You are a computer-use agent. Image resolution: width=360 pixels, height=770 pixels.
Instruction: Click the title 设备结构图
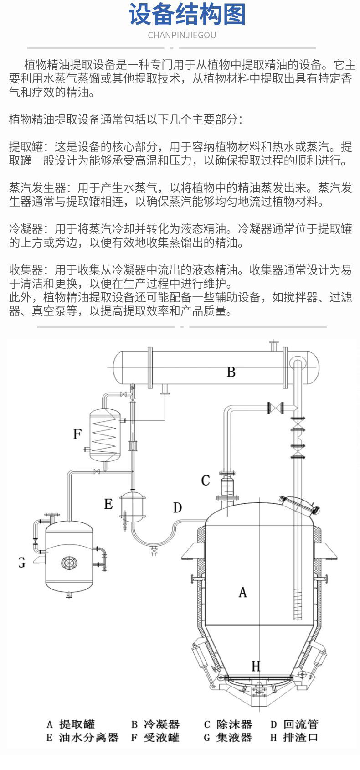coord(187,15)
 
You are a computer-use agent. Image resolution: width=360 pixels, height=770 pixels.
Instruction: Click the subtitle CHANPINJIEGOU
coord(182,35)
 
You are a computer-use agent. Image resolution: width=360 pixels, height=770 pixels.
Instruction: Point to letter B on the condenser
coord(231,372)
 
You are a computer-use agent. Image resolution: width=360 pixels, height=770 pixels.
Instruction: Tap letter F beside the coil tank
coord(77,434)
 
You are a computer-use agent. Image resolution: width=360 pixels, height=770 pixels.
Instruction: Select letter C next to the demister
coord(206,481)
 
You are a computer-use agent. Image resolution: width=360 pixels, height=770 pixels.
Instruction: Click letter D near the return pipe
coord(178,507)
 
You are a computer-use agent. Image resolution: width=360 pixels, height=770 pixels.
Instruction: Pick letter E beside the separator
coord(108,504)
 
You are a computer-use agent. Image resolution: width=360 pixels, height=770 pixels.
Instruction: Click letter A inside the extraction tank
coord(242,592)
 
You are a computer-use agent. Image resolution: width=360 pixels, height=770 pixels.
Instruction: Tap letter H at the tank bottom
coord(256,667)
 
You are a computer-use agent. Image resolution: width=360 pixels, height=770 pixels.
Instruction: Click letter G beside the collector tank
coord(21,563)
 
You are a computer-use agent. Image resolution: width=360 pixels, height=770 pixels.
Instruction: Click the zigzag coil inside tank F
coord(105,434)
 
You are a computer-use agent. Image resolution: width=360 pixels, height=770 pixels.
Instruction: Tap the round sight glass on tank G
coord(69,563)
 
